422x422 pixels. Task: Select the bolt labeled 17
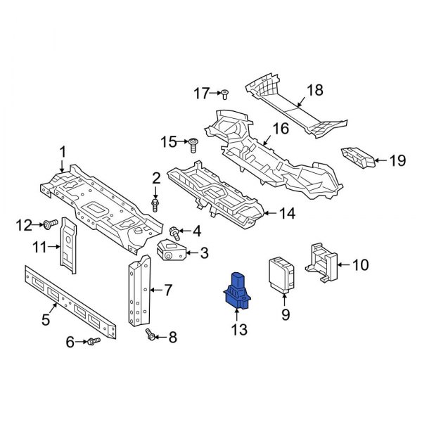224,94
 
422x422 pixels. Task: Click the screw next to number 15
192,143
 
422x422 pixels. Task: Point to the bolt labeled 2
155,204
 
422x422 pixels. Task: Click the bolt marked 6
94,342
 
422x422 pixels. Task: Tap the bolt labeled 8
150,336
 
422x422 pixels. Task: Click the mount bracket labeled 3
172,251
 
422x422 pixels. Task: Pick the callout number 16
281,129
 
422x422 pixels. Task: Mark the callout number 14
286,212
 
